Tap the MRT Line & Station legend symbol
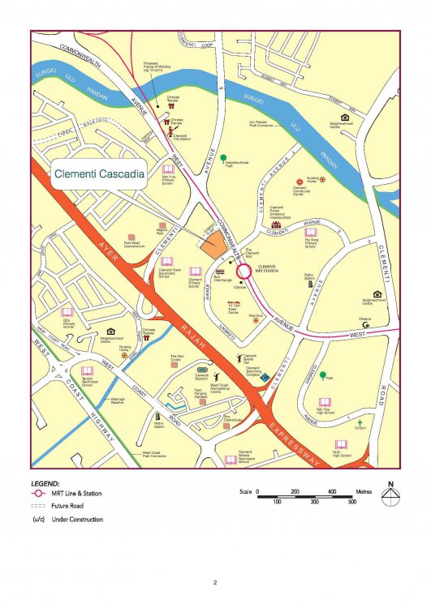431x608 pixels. click(x=37, y=493)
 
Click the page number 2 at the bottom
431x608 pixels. click(x=215, y=582)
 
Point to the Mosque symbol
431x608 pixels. click(x=365, y=325)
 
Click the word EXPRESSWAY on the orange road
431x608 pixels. click(x=319, y=446)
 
